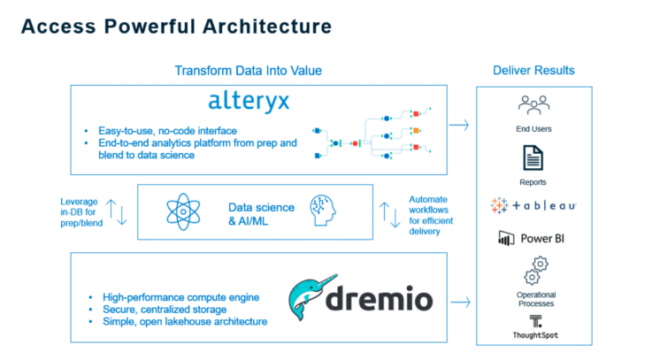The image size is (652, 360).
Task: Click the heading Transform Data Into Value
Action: pyautogui.click(x=248, y=71)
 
